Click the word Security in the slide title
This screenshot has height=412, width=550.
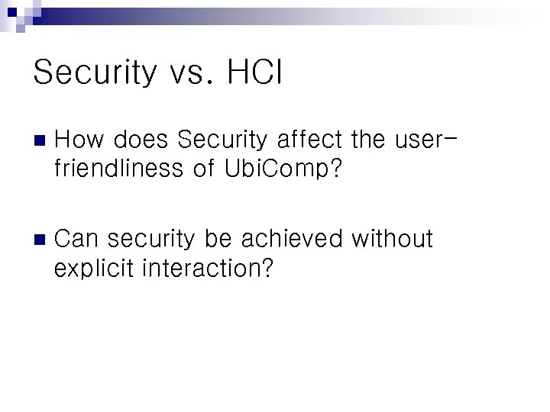pyautogui.click(x=94, y=73)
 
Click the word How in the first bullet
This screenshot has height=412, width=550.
pyautogui.click(x=79, y=140)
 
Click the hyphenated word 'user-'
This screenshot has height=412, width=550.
pyautogui.click(x=427, y=140)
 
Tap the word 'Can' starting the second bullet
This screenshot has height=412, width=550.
pyautogui.click(x=77, y=239)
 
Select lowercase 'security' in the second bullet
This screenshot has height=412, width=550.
pyautogui.click(x=151, y=239)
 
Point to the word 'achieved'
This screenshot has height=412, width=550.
pyautogui.click(x=293, y=239)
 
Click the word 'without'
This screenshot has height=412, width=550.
pyautogui.click(x=392, y=239)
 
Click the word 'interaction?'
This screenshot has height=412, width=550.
pyautogui.click(x=207, y=268)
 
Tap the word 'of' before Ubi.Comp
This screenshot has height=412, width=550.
pyautogui.click(x=204, y=168)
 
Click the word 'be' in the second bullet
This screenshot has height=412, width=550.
pyautogui.click(x=218, y=239)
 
